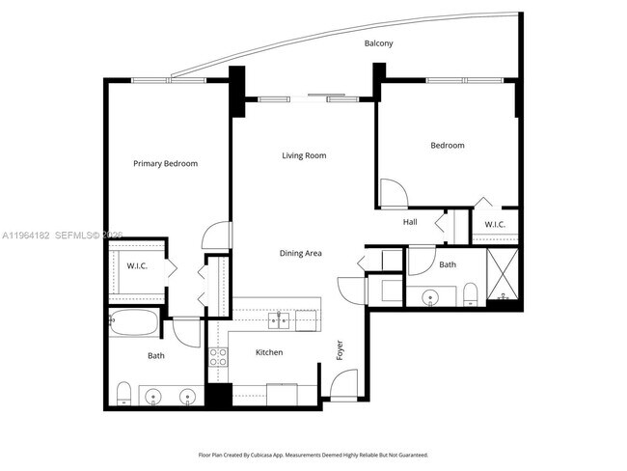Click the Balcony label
coord(378,44)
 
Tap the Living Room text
coord(304,155)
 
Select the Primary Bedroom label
coord(165,164)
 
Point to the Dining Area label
coord(300,254)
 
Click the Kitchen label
coord(269,352)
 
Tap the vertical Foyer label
coord(340,350)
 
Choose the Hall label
coord(410,222)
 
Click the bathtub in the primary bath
coord(134,325)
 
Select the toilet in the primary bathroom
coord(123,393)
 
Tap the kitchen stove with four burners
coord(219,359)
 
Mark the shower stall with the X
coord(502,277)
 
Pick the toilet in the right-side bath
coord(469,293)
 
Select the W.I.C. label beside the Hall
coord(495,225)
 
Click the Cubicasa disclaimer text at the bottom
coord(313,454)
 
